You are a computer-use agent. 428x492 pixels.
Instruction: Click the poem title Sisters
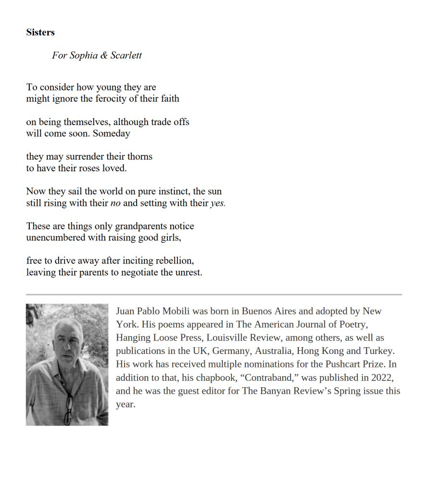click(x=40, y=33)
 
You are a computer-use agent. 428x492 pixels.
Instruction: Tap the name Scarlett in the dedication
click(x=126, y=55)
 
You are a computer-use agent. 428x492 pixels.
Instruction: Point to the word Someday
click(x=112, y=134)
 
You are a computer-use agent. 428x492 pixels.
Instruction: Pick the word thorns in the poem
click(x=140, y=157)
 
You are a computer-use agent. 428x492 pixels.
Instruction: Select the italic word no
click(x=115, y=203)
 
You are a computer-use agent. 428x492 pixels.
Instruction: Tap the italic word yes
click(x=218, y=203)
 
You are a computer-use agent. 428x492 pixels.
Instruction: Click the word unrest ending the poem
click(x=188, y=272)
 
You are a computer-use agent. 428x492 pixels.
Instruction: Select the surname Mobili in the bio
click(x=176, y=311)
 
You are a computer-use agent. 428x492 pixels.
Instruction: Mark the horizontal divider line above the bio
click(x=214, y=294)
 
